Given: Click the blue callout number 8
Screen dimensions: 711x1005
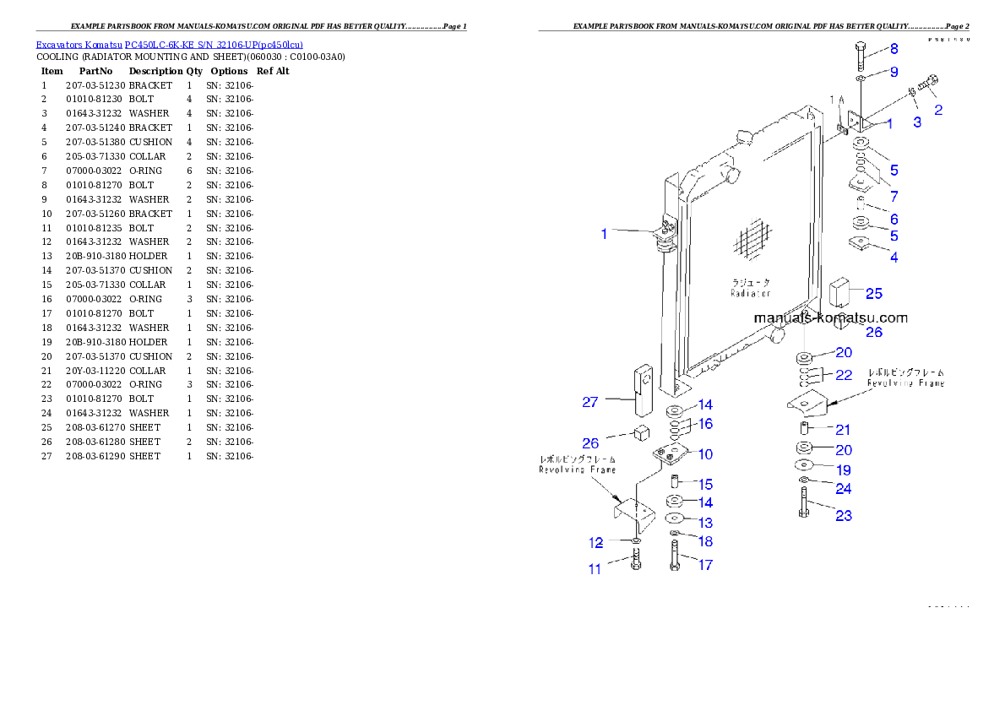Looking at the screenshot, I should tap(894, 49).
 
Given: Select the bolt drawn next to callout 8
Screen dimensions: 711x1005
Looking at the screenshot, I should tap(859, 56).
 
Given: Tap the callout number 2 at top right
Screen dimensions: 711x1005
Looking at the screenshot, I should tap(938, 109).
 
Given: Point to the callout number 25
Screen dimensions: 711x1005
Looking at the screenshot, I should tap(874, 293).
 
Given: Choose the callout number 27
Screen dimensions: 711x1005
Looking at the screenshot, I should tap(590, 402).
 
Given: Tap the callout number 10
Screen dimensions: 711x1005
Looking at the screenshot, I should tap(705, 453).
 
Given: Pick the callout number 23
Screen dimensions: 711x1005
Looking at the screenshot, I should tap(844, 515).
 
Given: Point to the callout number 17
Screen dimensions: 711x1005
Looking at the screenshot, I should tap(705, 565).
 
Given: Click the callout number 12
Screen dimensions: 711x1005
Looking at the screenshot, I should tap(595, 541).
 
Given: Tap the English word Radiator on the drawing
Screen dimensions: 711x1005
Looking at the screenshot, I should tap(751, 293).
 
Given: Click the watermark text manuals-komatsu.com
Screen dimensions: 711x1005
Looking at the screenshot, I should tap(830, 318).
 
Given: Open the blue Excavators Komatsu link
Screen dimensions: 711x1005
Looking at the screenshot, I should tap(169, 44).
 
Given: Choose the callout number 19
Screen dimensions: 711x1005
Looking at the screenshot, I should tap(844, 469).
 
